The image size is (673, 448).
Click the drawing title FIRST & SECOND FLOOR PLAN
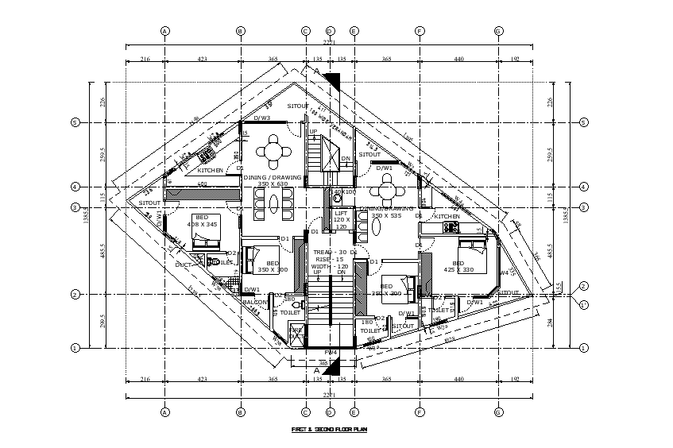[329, 430]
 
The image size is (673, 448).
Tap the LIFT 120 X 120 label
[341, 219]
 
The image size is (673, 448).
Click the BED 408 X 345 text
[202, 220]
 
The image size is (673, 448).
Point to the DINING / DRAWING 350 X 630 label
[273, 180]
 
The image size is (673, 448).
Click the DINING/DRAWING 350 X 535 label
[387, 211]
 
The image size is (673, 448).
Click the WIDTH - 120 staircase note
[330, 266]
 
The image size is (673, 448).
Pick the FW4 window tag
[331, 351]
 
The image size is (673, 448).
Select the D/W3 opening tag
[261, 118]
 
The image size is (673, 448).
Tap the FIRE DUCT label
[296, 333]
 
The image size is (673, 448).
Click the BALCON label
[255, 302]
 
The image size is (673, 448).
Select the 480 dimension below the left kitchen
[202, 184]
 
